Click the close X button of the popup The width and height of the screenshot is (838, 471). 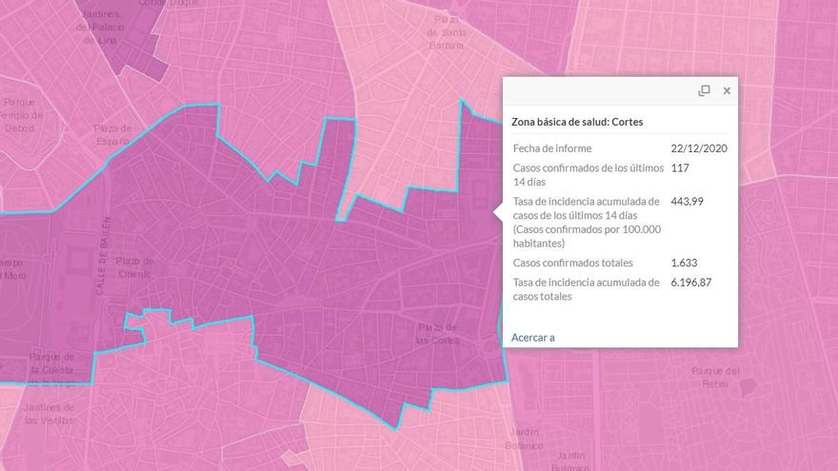[x=727, y=90]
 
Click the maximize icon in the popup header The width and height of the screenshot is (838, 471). [x=705, y=90]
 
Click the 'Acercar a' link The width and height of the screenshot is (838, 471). [x=532, y=337]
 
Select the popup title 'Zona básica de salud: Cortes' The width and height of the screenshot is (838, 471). [x=577, y=122]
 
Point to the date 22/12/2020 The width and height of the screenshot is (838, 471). [x=700, y=148]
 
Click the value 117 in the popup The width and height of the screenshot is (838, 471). [x=680, y=167]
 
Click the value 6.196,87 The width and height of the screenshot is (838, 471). [x=691, y=283]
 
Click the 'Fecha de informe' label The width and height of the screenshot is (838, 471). [x=552, y=148]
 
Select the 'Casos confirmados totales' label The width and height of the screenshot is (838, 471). [x=573, y=263]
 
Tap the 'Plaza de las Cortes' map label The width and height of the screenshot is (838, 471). [x=438, y=334]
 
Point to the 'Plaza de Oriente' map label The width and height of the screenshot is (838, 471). [x=135, y=267]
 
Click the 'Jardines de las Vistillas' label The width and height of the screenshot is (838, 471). [x=49, y=413]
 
